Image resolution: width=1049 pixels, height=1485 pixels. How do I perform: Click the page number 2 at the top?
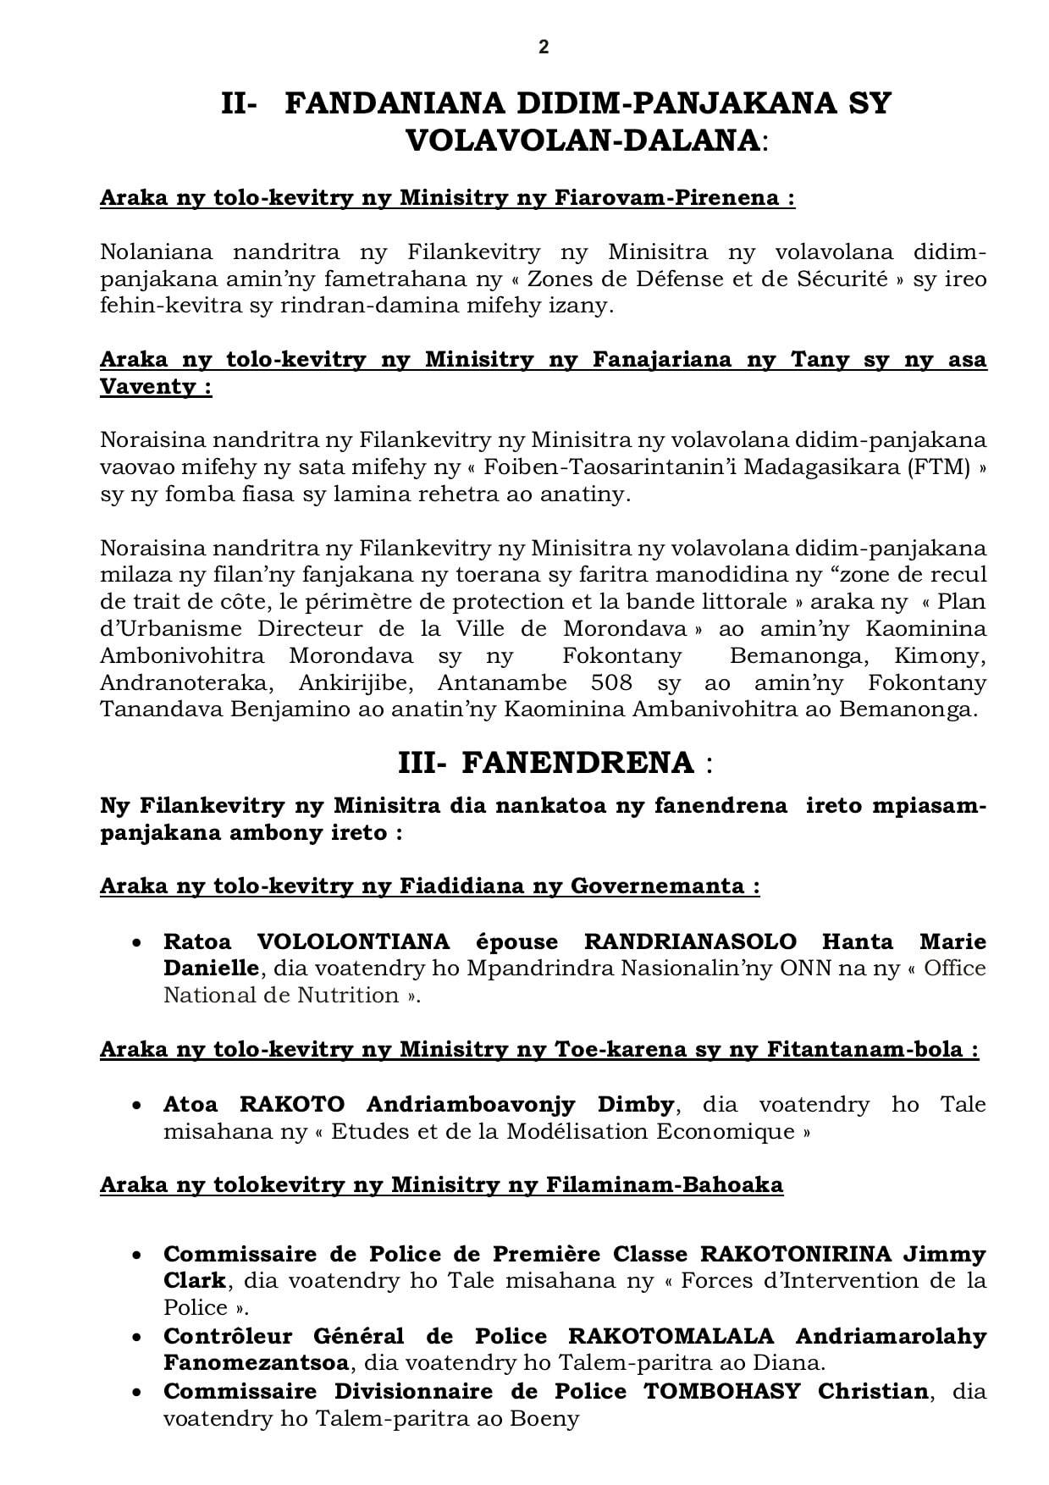pos(543,47)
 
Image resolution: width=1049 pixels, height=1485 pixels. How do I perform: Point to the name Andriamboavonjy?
pos(471,1104)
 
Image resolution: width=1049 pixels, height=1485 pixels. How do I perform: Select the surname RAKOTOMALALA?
pos(671,1336)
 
